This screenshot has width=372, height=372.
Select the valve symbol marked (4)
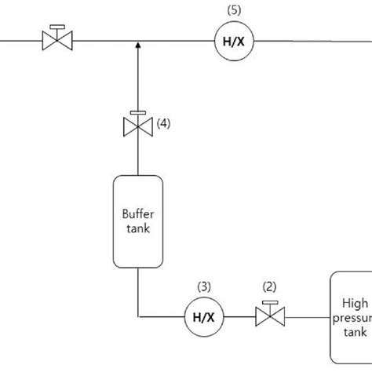click(x=138, y=125)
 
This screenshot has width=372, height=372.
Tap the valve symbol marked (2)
click(x=270, y=316)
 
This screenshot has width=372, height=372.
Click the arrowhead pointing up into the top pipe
click(x=138, y=46)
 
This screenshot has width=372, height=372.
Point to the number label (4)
click(x=163, y=123)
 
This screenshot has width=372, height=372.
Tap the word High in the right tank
click(x=354, y=302)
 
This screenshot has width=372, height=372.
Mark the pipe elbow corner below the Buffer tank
click(x=138, y=316)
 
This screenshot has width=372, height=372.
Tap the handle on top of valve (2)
click(x=270, y=303)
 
